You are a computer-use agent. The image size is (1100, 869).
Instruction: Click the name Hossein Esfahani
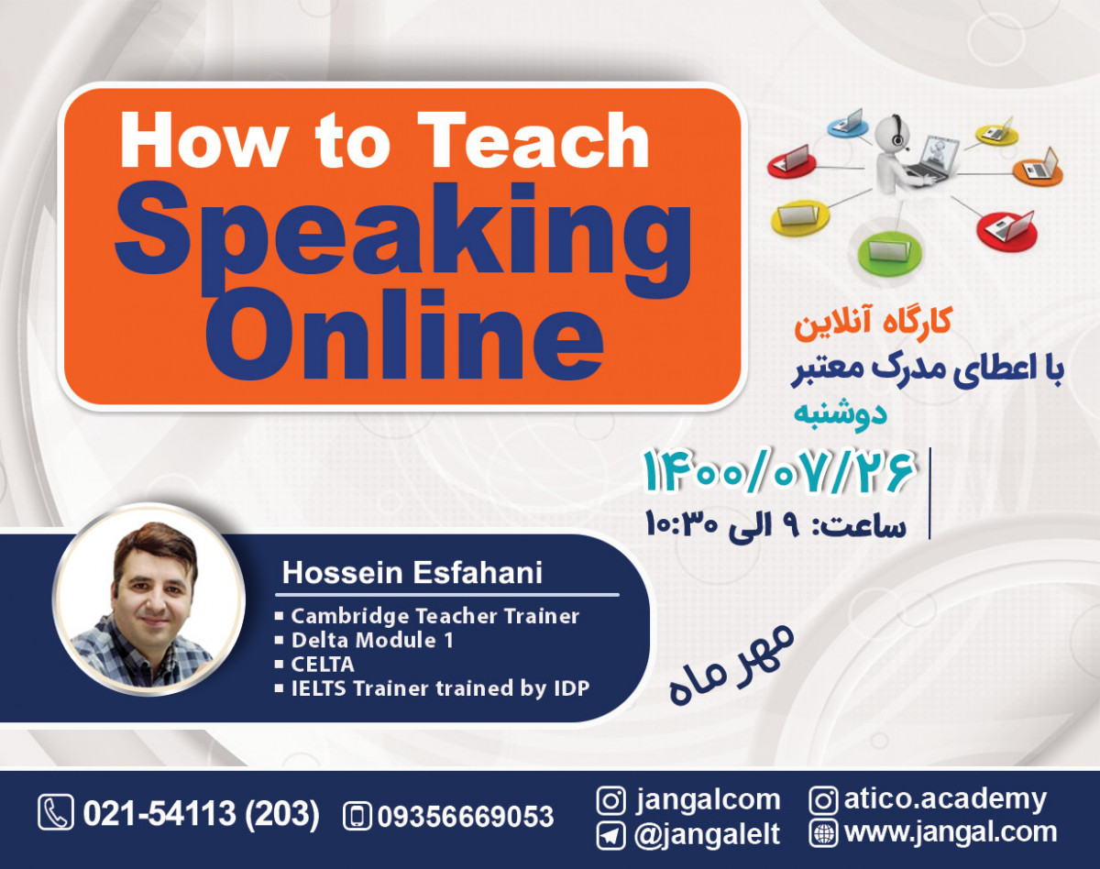(412, 573)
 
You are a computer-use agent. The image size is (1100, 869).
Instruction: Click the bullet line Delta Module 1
(372, 640)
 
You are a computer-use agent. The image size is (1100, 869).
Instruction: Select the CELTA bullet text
(323, 664)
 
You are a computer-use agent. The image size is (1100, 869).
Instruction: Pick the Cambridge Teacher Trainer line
(434, 616)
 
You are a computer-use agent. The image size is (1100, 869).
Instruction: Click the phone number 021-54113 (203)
(201, 814)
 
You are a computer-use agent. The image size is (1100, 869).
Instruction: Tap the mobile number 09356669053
(465, 816)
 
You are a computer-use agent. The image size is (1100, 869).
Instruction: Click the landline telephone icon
(56, 813)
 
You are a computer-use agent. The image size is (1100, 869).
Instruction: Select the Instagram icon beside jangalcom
(611, 800)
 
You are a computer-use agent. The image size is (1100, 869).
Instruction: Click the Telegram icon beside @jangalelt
(611, 834)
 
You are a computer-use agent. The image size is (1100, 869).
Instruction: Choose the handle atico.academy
(944, 799)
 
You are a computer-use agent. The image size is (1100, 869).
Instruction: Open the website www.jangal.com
(950, 833)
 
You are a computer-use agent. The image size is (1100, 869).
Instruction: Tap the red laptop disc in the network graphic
(1006, 225)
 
